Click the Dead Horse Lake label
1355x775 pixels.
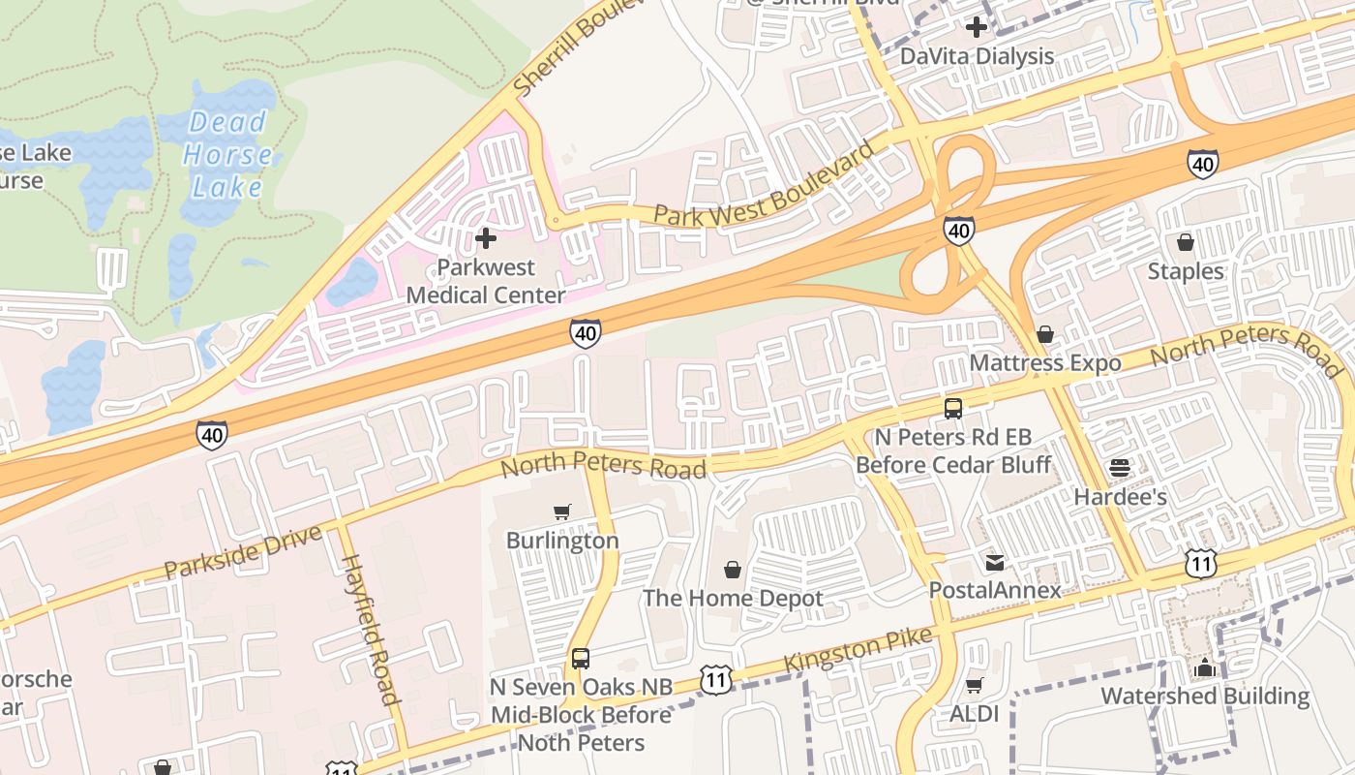point(227,154)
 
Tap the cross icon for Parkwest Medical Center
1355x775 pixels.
point(486,237)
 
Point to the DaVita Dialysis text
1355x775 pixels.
point(977,56)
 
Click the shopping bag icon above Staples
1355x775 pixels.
point(1186,242)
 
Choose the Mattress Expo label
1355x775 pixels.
point(1045,363)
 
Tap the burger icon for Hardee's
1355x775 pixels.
point(1120,468)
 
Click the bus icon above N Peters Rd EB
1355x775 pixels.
point(953,408)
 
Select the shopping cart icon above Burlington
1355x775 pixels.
point(562,511)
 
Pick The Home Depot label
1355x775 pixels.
point(733,598)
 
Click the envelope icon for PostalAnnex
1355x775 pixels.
point(994,562)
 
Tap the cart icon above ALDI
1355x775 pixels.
point(975,686)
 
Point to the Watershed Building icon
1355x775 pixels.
point(1204,667)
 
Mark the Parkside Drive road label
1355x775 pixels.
point(242,552)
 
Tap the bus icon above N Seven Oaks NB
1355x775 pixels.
point(581,659)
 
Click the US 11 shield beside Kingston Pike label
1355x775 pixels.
point(715,680)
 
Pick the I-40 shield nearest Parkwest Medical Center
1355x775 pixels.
point(585,333)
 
